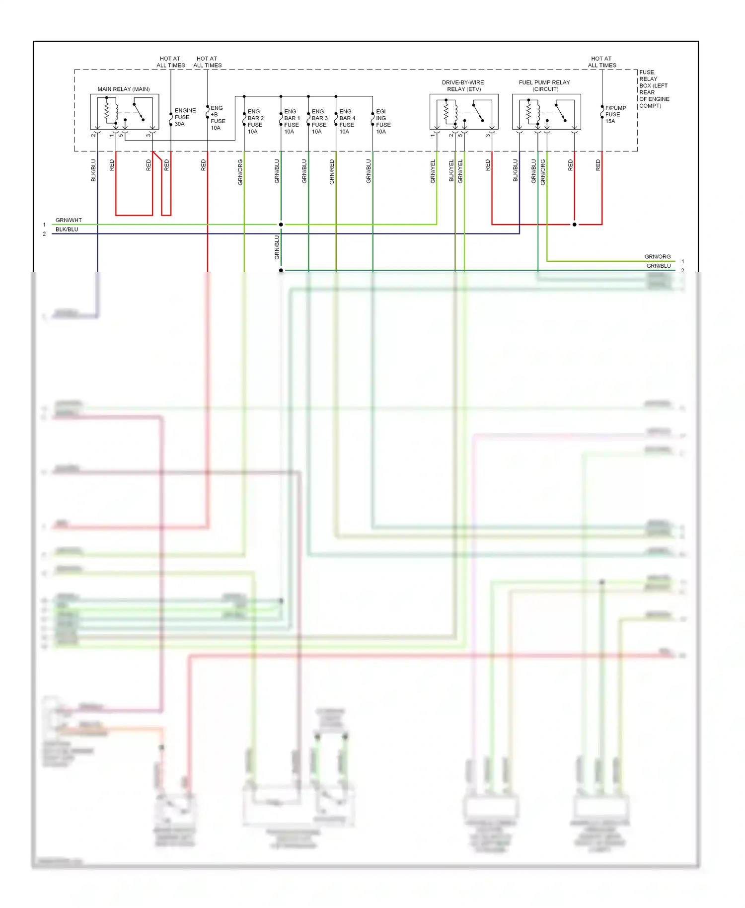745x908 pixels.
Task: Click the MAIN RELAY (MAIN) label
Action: [x=123, y=89]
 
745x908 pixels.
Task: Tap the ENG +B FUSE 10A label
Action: [x=218, y=118]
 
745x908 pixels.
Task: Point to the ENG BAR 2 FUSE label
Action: [x=255, y=122]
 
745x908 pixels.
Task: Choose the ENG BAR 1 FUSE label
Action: [x=292, y=122]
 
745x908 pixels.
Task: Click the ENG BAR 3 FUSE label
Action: [x=319, y=122]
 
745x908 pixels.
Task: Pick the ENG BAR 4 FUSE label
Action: [x=347, y=122]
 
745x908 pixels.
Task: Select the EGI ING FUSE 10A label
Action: [x=383, y=122]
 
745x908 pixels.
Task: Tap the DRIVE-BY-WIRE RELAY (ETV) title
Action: [x=463, y=85]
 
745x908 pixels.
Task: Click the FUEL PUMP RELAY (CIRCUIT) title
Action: [x=544, y=85]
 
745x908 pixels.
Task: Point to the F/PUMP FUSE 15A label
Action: [x=615, y=114]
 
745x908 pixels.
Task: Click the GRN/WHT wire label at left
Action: [x=69, y=220]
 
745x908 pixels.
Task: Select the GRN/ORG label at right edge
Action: [x=657, y=256]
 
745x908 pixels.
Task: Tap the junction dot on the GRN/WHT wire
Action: [x=281, y=225]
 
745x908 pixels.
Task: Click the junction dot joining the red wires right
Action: [x=575, y=225]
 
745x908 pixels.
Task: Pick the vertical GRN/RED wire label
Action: [x=332, y=172]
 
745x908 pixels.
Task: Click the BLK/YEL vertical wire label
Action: [x=451, y=170]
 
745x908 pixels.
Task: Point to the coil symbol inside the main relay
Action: [x=107, y=111]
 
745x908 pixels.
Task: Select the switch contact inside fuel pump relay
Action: [x=560, y=112]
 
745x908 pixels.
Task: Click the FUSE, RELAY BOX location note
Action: [x=654, y=89]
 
